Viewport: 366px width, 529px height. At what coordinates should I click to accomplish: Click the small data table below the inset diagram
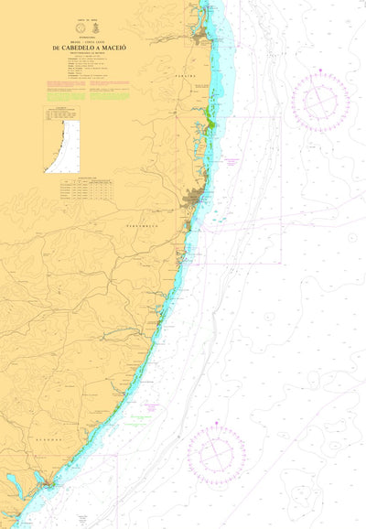pos(88,189)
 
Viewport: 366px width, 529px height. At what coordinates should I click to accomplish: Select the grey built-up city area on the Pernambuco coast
pos(194,199)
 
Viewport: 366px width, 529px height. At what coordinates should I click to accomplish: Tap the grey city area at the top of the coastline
pos(200,37)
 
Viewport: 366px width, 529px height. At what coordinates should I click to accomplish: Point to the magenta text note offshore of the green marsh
pos(231,162)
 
